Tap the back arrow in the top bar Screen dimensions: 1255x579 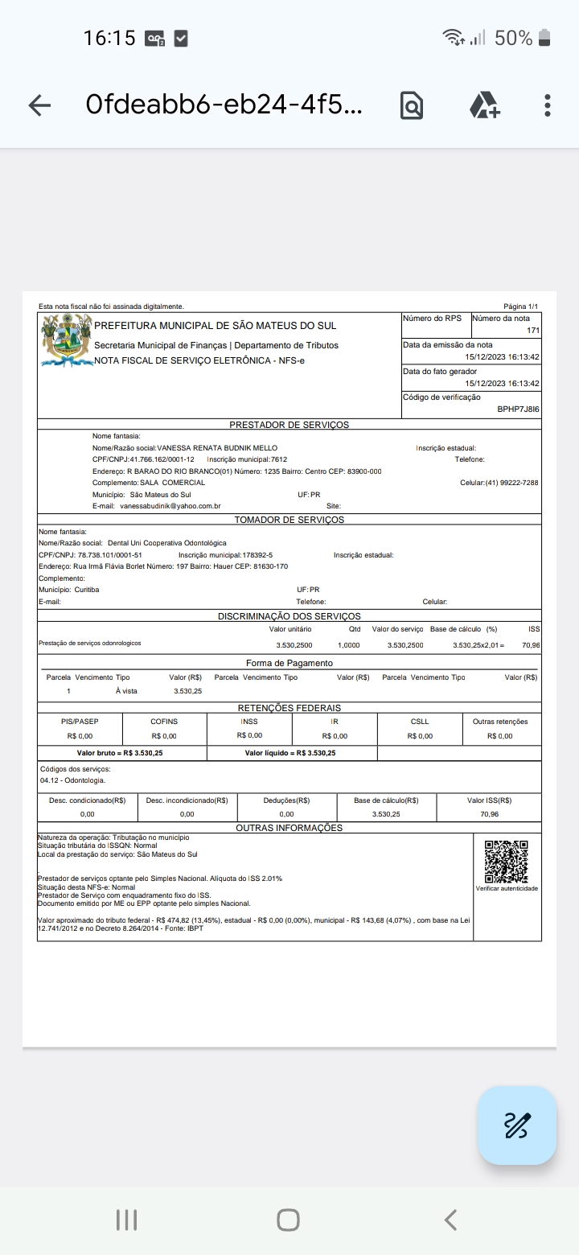(x=39, y=105)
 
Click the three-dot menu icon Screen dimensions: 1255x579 (x=548, y=105)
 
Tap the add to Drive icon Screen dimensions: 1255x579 (x=484, y=105)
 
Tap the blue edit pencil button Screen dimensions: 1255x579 (x=517, y=1125)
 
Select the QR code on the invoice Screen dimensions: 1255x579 (x=507, y=861)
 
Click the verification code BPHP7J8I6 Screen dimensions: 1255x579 (x=518, y=409)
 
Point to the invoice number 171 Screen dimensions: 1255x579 (x=533, y=331)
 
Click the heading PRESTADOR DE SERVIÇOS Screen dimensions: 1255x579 (x=289, y=425)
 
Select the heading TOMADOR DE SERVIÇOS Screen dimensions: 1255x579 (x=289, y=520)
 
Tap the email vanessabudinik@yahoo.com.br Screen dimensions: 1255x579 (x=170, y=506)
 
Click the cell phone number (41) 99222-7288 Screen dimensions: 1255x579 (x=511, y=483)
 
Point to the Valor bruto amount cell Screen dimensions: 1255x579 (x=120, y=753)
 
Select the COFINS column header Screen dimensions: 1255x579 (x=164, y=722)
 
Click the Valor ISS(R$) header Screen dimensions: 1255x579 (x=489, y=800)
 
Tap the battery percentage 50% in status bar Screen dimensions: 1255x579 (x=513, y=38)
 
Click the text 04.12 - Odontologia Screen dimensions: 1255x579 (x=72, y=780)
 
